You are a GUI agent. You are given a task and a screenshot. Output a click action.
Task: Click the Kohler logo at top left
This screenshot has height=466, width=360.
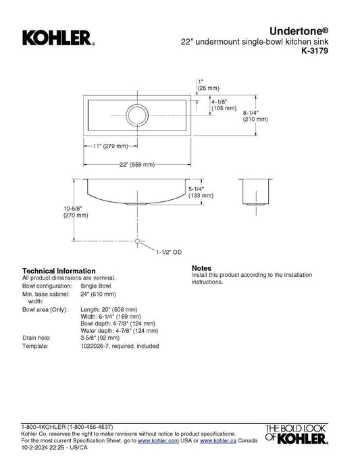tap(59, 38)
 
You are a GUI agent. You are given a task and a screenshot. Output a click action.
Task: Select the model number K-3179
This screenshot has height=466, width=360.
tap(315, 51)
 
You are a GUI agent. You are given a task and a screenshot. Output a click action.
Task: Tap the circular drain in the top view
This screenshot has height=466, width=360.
tap(137, 115)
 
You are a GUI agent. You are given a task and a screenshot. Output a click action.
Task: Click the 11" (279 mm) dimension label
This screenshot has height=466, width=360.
tap(110, 146)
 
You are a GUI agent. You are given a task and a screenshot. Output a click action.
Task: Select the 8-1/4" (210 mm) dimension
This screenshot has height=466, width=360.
tap(255, 116)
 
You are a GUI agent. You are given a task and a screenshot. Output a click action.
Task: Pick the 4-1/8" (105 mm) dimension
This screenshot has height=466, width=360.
tap(224, 105)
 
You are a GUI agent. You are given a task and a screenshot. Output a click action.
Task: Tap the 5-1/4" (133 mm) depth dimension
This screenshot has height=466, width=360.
tap(201, 192)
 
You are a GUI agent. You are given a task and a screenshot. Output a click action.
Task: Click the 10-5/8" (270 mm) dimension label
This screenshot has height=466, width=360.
tap(76, 212)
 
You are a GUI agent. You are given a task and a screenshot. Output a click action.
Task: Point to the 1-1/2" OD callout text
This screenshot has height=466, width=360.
tap(169, 253)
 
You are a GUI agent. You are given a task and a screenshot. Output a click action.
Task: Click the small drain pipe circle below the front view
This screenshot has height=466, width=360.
tap(137, 241)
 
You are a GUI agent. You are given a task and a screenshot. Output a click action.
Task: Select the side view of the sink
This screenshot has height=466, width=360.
tap(256, 192)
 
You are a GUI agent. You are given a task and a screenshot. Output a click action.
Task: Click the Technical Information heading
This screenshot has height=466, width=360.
tap(59, 271)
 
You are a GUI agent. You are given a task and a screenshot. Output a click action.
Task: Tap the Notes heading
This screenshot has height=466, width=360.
tap(201, 268)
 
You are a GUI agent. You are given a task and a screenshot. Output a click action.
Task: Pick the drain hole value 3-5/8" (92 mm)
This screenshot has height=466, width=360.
tap(100, 338)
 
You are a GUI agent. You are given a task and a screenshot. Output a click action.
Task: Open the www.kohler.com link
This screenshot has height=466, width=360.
tap(158, 441)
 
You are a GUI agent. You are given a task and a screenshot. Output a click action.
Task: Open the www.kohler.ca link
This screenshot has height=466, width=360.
tap(218, 441)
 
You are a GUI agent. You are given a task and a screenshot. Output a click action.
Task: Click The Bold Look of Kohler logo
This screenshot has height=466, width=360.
tap(297, 434)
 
